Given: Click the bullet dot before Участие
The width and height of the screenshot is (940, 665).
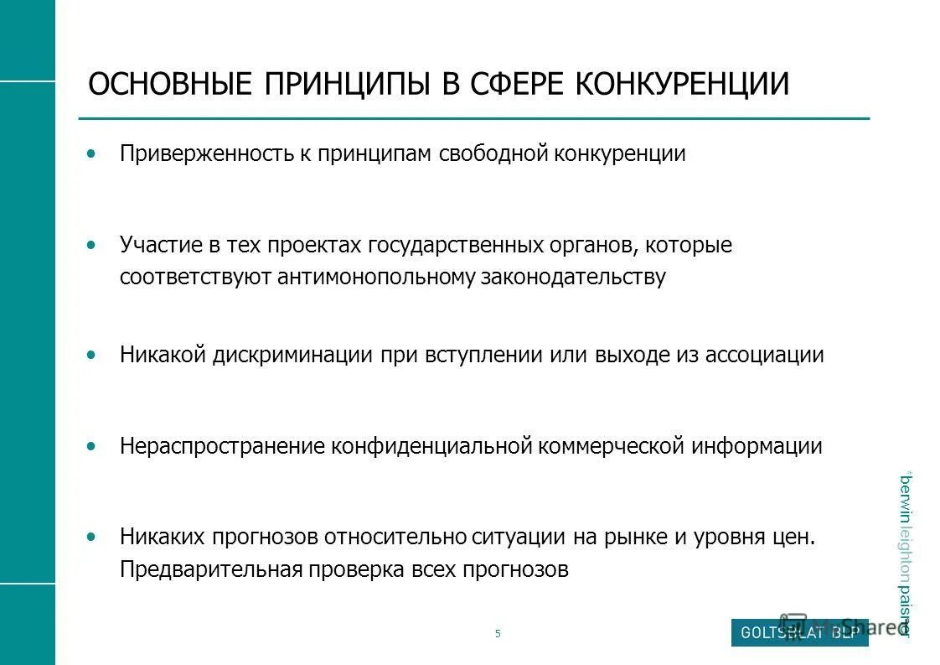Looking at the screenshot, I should pyautogui.click(x=91, y=245).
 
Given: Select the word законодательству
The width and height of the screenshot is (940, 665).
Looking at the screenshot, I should pyautogui.click(x=573, y=278).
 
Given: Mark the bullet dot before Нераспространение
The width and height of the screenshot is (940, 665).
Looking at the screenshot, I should pyautogui.click(x=91, y=446).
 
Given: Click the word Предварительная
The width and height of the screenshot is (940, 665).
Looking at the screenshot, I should pyautogui.click(x=210, y=570).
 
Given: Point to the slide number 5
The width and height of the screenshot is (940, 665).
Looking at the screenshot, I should pyautogui.click(x=498, y=634).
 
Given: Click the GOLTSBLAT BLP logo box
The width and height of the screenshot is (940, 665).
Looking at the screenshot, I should pyautogui.click(x=799, y=633).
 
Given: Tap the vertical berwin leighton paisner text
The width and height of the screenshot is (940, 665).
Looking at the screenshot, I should pyautogui.click(x=905, y=553).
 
